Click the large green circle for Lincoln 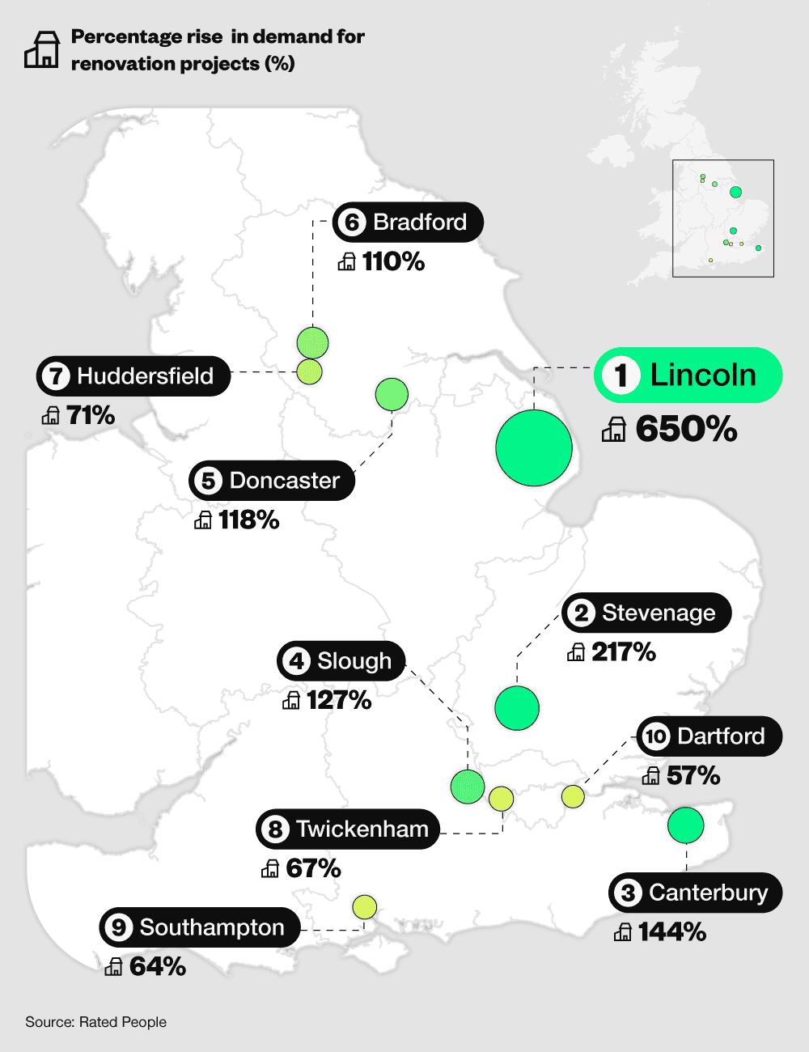point(534,448)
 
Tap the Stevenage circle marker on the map point(517,707)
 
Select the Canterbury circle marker point(686,825)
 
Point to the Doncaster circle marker point(392,394)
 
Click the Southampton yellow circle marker point(365,907)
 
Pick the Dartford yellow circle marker point(573,796)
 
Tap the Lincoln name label point(702,375)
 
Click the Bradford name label point(419,222)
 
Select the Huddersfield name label point(145,375)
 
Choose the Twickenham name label point(362,829)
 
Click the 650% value point(686,429)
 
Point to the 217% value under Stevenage point(623,651)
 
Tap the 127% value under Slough point(339,699)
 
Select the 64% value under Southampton point(158,966)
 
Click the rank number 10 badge point(655,736)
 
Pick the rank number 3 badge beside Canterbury point(628,893)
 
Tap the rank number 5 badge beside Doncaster point(209,481)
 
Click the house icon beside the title point(41,49)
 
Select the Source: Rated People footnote point(95,1022)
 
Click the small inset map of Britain point(722,218)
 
